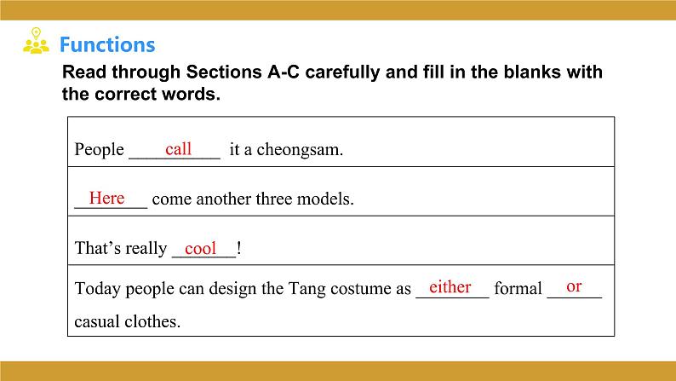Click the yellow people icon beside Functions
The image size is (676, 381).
pos(35,43)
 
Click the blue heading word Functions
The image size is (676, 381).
pos(107,45)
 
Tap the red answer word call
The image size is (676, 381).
pos(179,149)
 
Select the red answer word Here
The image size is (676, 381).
pos(106,198)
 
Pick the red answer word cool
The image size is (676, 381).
pos(201,248)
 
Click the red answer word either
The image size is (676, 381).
pos(450,286)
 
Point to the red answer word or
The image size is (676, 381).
pos(574,286)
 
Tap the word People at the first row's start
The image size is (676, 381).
pos(100,151)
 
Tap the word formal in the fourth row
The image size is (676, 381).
pos(518,289)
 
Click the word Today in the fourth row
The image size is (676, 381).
pos(96,289)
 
